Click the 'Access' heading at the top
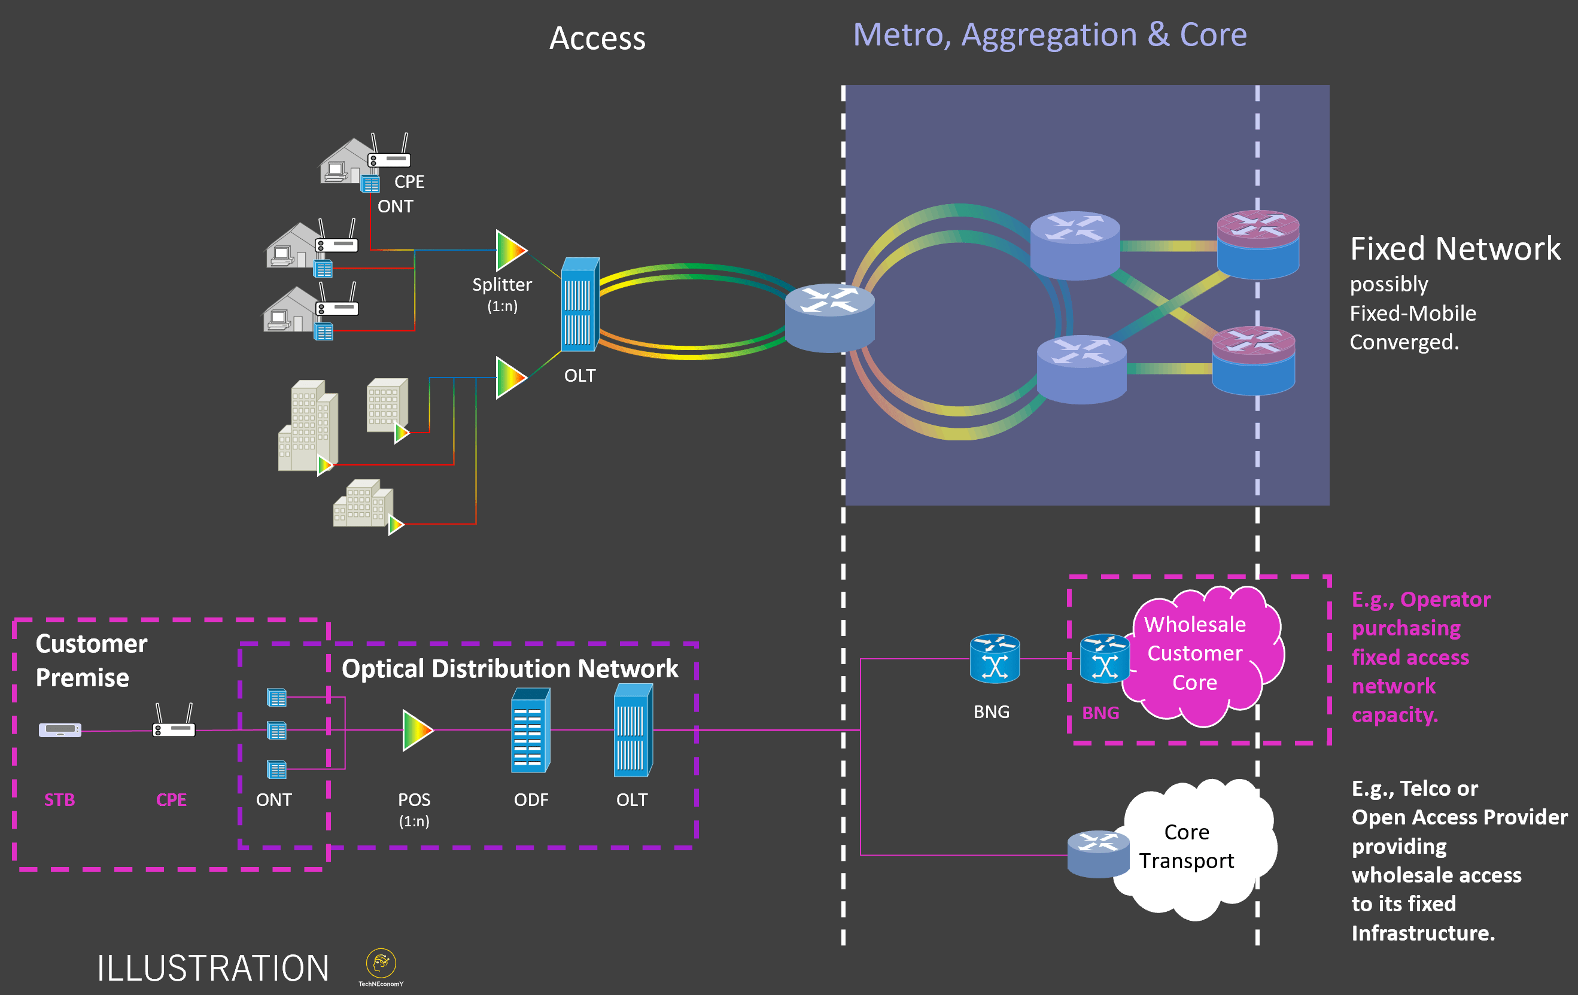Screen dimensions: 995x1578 (x=597, y=38)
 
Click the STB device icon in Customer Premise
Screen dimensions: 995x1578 (x=60, y=730)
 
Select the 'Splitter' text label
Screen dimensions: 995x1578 (x=502, y=284)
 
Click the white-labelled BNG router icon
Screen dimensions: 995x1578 (x=994, y=658)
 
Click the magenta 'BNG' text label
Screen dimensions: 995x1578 (x=1100, y=713)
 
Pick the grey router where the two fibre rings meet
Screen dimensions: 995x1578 (x=829, y=317)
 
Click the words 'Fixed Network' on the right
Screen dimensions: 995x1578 (x=1455, y=249)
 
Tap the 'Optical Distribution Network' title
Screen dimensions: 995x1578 (x=510, y=669)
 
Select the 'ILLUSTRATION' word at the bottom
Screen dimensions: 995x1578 (x=213, y=968)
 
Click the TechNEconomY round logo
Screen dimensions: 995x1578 (x=381, y=963)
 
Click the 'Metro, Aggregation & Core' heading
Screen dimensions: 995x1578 (x=1050, y=35)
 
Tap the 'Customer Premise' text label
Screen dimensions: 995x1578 (x=91, y=661)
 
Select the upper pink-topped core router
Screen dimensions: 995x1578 (x=1257, y=244)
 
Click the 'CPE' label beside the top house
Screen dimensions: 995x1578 (x=409, y=181)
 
